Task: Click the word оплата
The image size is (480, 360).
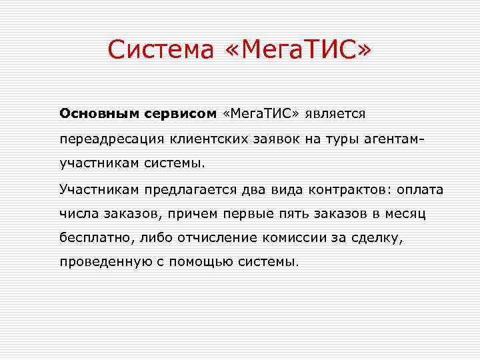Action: (420, 189)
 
